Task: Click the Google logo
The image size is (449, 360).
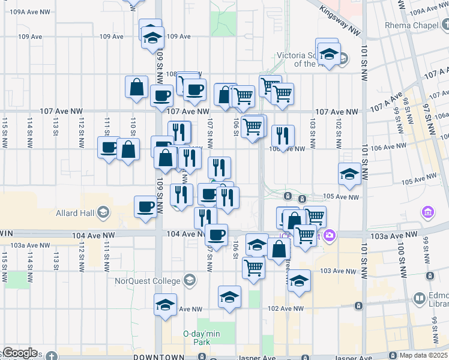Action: [x=20, y=353]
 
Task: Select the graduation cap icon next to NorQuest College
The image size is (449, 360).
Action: [x=190, y=280]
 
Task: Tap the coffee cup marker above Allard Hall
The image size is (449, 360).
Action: [x=146, y=207]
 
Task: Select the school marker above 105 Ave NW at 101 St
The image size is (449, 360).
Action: [x=349, y=173]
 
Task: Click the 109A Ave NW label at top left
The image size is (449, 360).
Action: [x=25, y=12]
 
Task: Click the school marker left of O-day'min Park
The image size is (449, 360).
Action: [x=166, y=304]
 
